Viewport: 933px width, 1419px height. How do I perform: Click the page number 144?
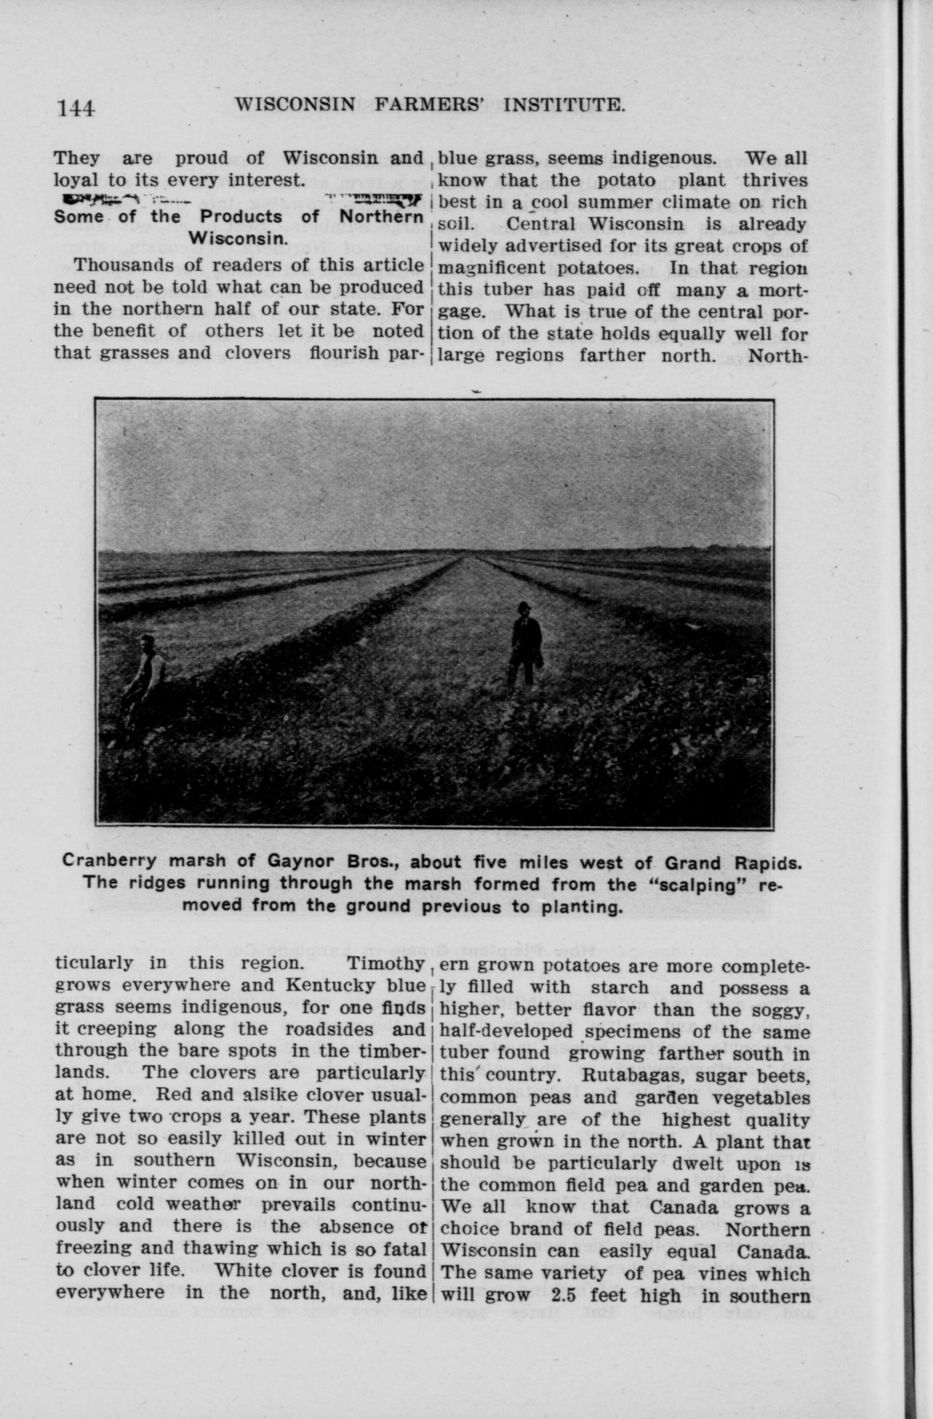tap(75, 108)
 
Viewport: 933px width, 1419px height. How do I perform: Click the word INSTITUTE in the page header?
tap(564, 105)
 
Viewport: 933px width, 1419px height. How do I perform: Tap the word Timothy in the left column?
tap(385, 964)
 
